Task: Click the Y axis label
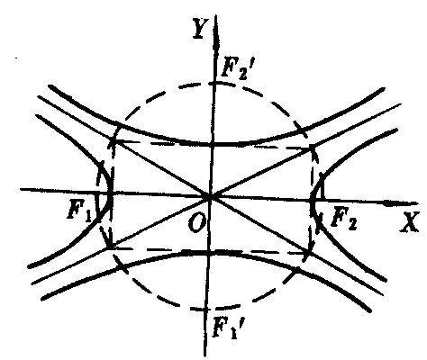click(200, 28)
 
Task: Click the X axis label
click(409, 222)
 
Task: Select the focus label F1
click(79, 210)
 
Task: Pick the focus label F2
click(344, 219)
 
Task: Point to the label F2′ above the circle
click(235, 69)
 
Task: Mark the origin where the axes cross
click(210, 197)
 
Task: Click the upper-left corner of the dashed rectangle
click(114, 139)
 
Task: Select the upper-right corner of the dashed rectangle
click(313, 147)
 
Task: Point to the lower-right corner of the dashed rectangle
click(309, 254)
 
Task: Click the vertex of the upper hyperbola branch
click(213, 144)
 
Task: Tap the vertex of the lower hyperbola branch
click(208, 253)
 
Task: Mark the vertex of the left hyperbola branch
click(111, 193)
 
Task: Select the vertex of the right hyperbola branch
click(313, 200)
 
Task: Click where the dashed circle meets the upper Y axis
click(213, 83)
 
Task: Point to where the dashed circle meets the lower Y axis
click(206, 309)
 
